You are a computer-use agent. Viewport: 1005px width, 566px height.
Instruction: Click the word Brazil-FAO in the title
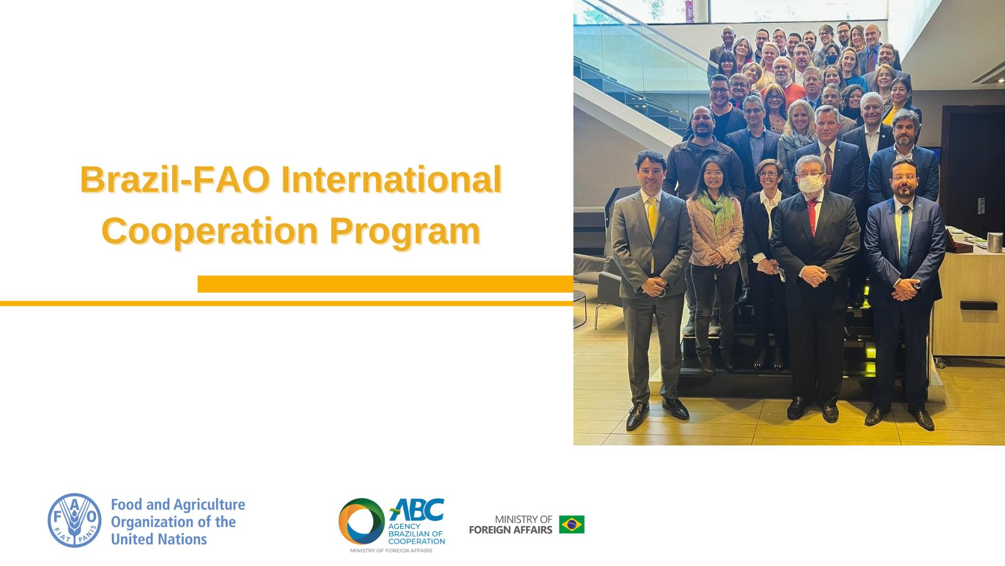(x=176, y=180)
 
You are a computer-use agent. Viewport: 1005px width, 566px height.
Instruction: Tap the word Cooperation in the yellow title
(x=210, y=232)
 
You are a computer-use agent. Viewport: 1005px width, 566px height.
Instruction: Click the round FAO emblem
(x=75, y=520)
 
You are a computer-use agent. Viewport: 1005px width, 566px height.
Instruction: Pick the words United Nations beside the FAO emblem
(x=159, y=539)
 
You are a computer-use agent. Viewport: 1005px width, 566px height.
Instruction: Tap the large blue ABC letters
(x=416, y=509)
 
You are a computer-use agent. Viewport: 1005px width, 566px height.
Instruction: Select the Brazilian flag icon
(x=572, y=524)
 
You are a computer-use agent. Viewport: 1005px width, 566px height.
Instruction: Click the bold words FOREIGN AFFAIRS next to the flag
(x=511, y=530)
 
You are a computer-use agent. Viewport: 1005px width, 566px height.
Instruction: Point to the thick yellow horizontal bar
(x=386, y=284)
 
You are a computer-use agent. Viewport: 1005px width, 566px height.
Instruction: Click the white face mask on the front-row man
(x=810, y=183)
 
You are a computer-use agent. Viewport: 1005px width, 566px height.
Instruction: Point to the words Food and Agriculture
(x=178, y=505)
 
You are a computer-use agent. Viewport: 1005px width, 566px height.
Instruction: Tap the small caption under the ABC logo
(x=391, y=551)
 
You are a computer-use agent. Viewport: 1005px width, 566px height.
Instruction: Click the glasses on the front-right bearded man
(x=904, y=178)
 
